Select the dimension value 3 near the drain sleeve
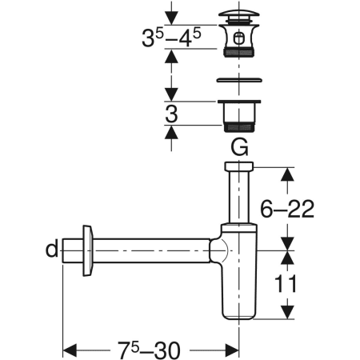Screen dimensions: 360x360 pos(170,114)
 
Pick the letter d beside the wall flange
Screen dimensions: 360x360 pos(52,250)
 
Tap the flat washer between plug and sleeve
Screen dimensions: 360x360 pos(238,80)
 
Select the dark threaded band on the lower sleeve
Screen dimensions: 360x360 pos(238,126)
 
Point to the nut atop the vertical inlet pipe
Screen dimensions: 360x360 pos(238,166)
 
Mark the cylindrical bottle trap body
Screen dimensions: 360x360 pos(238,280)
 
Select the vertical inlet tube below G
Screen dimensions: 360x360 pos(238,200)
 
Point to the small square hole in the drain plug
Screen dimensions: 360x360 pos(239,36)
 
